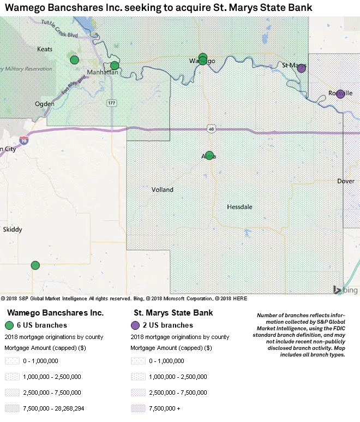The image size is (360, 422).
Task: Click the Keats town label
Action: click(x=45, y=49)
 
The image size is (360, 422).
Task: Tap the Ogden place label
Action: click(x=45, y=103)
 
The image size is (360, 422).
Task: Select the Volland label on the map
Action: click(x=163, y=190)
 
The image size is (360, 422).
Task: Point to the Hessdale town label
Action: click(x=239, y=207)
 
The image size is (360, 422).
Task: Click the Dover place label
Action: click(x=345, y=181)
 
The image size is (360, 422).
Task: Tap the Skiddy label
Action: click(x=13, y=230)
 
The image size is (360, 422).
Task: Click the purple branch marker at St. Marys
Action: click(x=301, y=68)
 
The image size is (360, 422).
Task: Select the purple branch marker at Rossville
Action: click(x=340, y=94)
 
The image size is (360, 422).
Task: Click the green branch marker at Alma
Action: click(x=209, y=156)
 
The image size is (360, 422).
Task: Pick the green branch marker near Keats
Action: click(x=74, y=60)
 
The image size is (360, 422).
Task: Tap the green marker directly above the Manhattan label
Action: click(x=115, y=66)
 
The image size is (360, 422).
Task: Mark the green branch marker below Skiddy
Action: click(x=35, y=265)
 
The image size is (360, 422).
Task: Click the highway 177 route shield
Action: click(x=111, y=103)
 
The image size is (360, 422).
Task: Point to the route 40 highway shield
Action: click(x=211, y=129)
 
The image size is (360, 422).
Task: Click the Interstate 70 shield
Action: click(x=22, y=140)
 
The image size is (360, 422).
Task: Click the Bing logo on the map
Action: click(x=345, y=290)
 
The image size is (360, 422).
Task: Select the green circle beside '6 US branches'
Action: click(x=9, y=325)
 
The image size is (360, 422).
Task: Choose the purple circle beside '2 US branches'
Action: click(x=135, y=325)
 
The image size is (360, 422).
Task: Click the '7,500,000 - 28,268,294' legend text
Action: click(x=53, y=408)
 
